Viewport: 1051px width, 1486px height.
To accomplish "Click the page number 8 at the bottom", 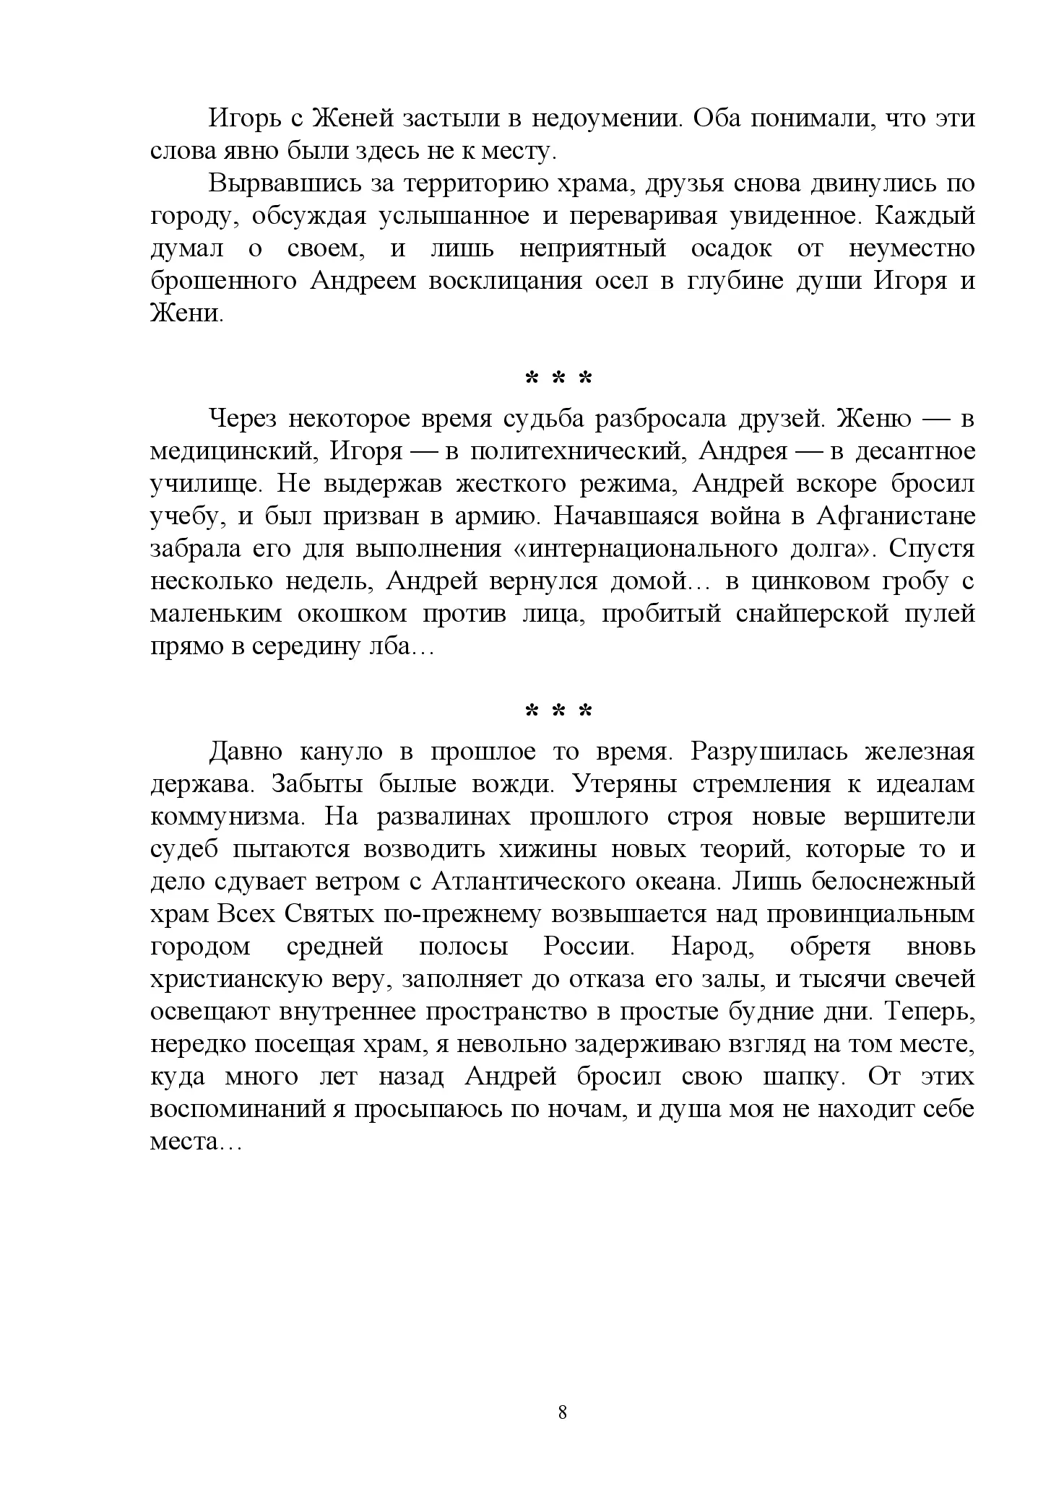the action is [563, 1412].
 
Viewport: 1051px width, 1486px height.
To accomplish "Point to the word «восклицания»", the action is [506, 281].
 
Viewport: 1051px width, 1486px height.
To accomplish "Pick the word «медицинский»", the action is [233, 451].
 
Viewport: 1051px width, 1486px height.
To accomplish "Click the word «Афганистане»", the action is [896, 516].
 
